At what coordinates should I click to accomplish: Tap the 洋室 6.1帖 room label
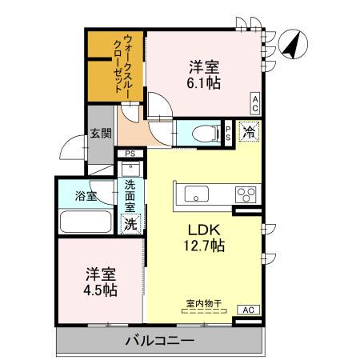pos(204,74)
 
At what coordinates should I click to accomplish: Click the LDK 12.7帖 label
pos(205,236)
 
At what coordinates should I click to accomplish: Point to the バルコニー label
pos(159,342)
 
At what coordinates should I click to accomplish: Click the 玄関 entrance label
pos(100,134)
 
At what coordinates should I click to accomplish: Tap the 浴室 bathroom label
pos(86,194)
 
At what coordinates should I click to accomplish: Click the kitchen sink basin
pos(196,194)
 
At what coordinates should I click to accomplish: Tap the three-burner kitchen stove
pos(245,194)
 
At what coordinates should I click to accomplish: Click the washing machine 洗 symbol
pos(130,224)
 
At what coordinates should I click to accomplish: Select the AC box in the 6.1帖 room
pos(254,102)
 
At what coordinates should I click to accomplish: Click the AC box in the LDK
pos(248,310)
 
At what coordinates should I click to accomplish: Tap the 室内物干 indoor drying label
pos(203,304)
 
